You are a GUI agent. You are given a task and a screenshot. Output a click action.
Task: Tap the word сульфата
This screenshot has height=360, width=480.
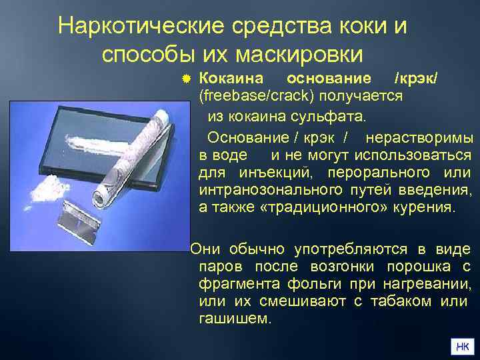pos(331,117)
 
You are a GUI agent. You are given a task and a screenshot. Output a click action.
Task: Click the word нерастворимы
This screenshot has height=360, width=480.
pos(420,139)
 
